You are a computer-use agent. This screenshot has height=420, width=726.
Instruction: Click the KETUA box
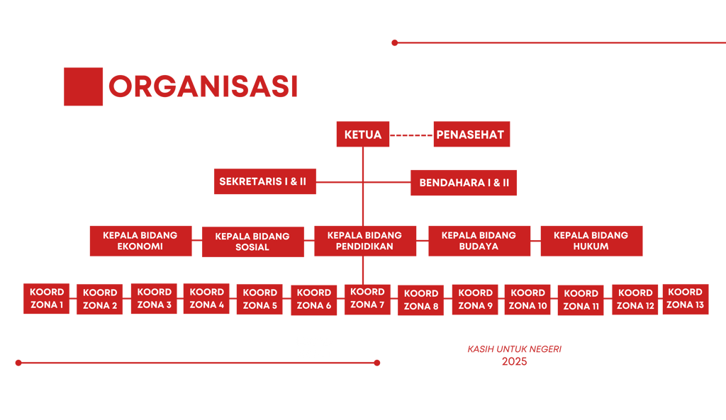coord(362,135)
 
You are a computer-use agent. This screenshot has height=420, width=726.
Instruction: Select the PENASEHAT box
coord(471,135)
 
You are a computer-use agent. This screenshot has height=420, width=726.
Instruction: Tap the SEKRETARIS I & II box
coord(265,181)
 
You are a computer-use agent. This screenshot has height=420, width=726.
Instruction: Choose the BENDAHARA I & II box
coord(464,183)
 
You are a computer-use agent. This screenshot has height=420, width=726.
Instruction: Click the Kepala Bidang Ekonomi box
coord(140,241)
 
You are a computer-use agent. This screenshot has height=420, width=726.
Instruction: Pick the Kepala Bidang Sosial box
coord(252,242)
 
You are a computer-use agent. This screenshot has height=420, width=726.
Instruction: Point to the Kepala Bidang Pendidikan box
coord(364,241)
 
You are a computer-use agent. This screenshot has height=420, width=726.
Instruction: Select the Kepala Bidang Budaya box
coord(479,241)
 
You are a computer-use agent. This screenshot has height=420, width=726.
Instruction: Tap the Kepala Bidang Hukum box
coord(591,241)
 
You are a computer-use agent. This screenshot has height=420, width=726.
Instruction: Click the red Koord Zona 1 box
coord(47,298)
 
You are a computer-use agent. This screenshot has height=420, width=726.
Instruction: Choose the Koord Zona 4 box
coord(206,298)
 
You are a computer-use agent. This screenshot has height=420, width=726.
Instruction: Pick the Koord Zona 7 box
coord(367,298)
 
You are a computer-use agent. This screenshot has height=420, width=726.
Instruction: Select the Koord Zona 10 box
coord(527,299)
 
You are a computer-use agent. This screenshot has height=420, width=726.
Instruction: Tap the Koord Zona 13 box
coord(685,298)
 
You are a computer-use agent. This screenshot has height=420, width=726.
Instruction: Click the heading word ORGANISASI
coord(203,86)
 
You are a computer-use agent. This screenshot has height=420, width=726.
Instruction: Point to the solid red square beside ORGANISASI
coord(83,86)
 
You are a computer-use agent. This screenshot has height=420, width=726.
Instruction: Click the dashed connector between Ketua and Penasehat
coord(411,135)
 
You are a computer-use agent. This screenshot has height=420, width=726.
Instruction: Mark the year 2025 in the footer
coord(515,361)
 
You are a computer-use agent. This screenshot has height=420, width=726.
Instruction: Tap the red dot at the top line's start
coord(395,42)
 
